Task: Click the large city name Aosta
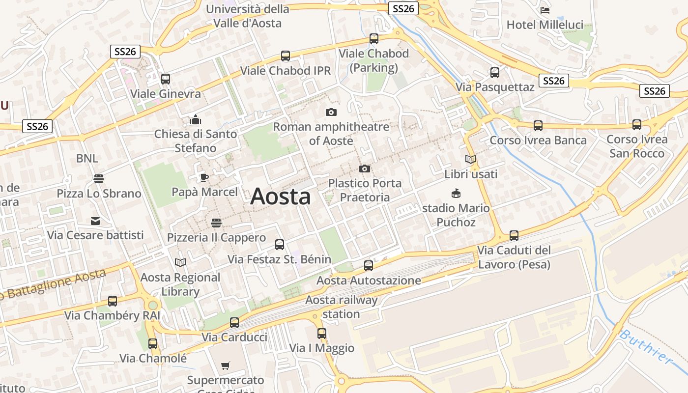point(281,197)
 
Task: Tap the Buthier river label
point(645,347)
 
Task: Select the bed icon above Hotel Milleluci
point(545,10)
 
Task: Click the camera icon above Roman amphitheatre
point(331,112)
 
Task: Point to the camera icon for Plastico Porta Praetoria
point(365,169)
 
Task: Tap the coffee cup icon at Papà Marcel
point(204,177)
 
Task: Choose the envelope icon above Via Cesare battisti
point(95,221)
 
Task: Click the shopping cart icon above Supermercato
point(226,365)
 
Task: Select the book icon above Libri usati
point(471,160)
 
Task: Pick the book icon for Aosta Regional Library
point(180,263)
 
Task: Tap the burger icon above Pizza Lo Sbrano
point(99,179)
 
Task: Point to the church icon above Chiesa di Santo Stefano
point(196,119)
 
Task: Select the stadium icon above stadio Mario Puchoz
point(456,194)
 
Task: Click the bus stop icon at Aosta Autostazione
point(369,266)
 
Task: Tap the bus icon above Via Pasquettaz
point(495,73)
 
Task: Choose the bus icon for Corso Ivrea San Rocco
point(637,125)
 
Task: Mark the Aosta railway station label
point(342,307)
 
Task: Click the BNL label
point(87,159)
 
